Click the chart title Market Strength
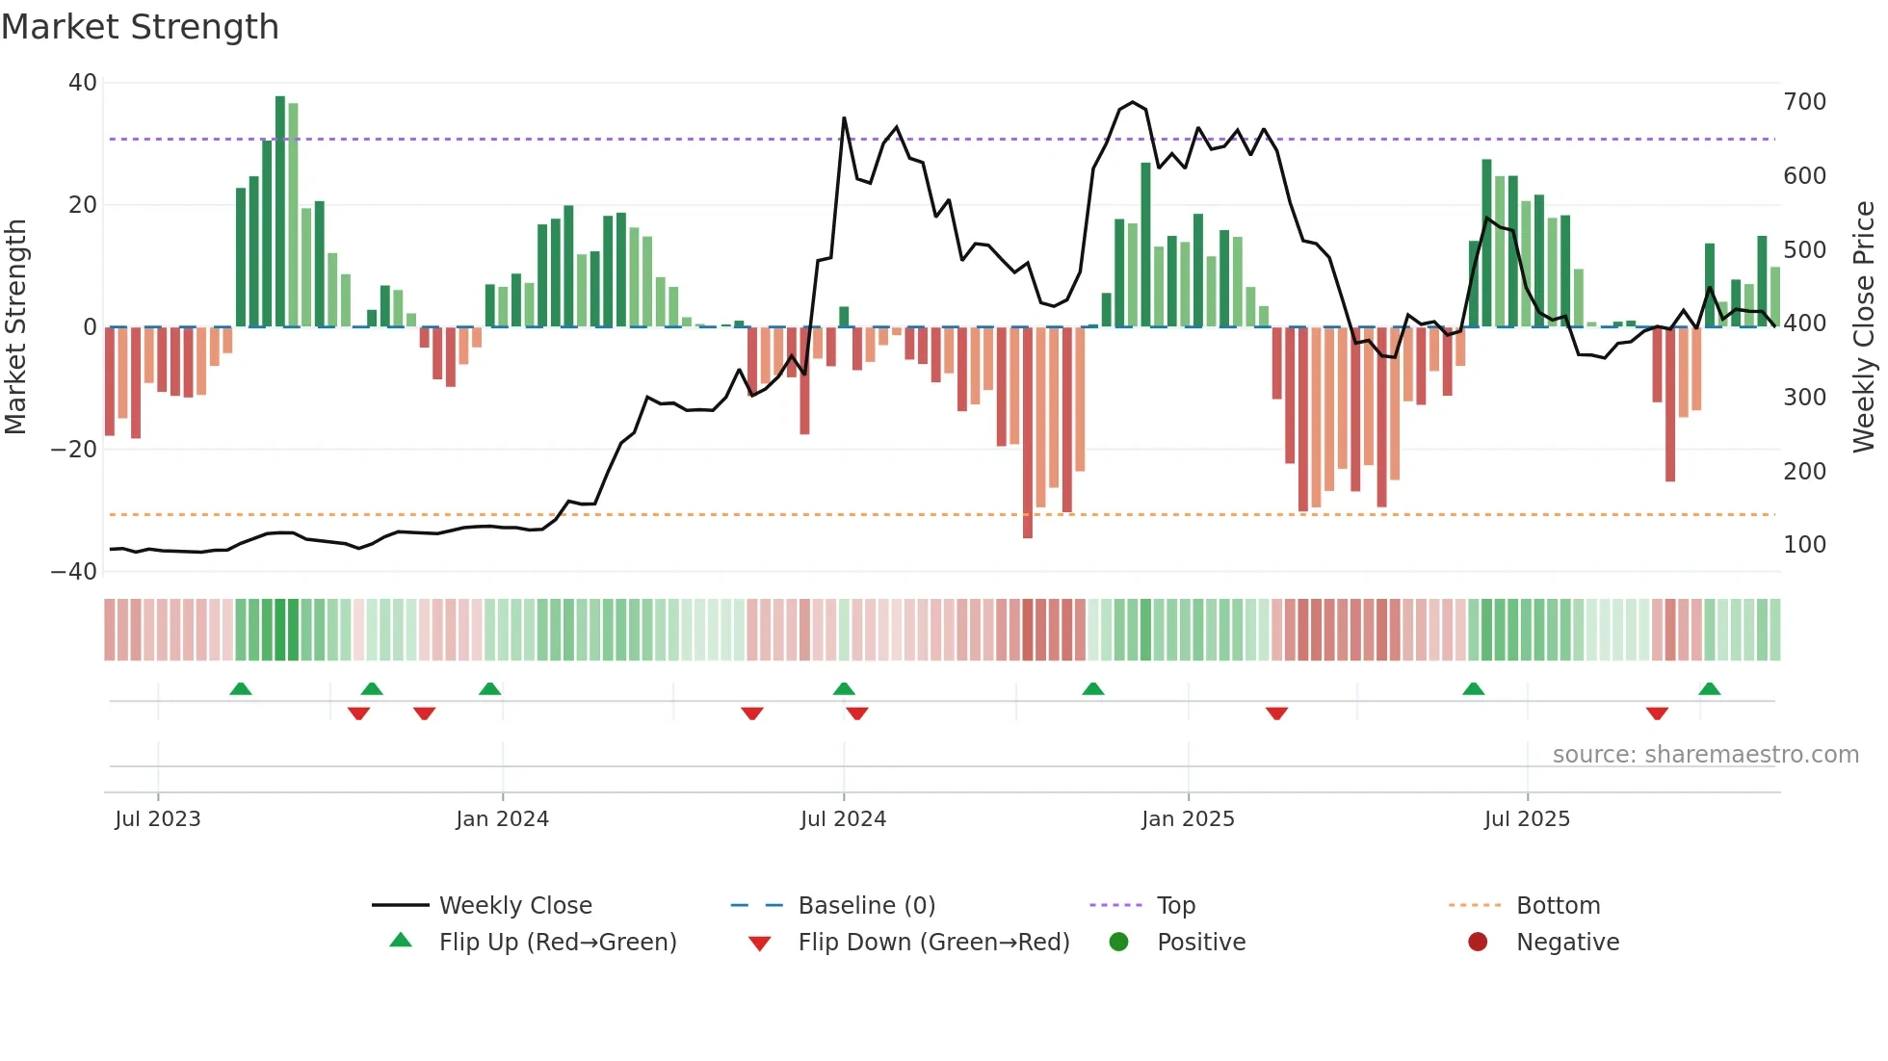[140, 27]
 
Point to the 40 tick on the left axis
[83, 83]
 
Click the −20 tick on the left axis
[74, 450]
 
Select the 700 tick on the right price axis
[1804, 102]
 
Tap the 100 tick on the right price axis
[1804, 545]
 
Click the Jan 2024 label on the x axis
[502, 819]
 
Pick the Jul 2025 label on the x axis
[1527, 819]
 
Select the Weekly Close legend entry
[514, 906]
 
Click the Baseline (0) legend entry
[866, 906]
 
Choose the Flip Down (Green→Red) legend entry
[932, 943]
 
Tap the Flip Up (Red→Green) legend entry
[557, 943]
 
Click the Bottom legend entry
[1557, 906]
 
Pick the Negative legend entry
[1566, 943]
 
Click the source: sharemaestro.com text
[1705, 755]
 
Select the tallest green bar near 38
[280, 212]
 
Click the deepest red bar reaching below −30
[1028, 433]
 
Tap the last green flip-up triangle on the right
[1710, 689]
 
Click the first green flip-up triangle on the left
[241, 689]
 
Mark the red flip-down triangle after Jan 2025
[1277, 713]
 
